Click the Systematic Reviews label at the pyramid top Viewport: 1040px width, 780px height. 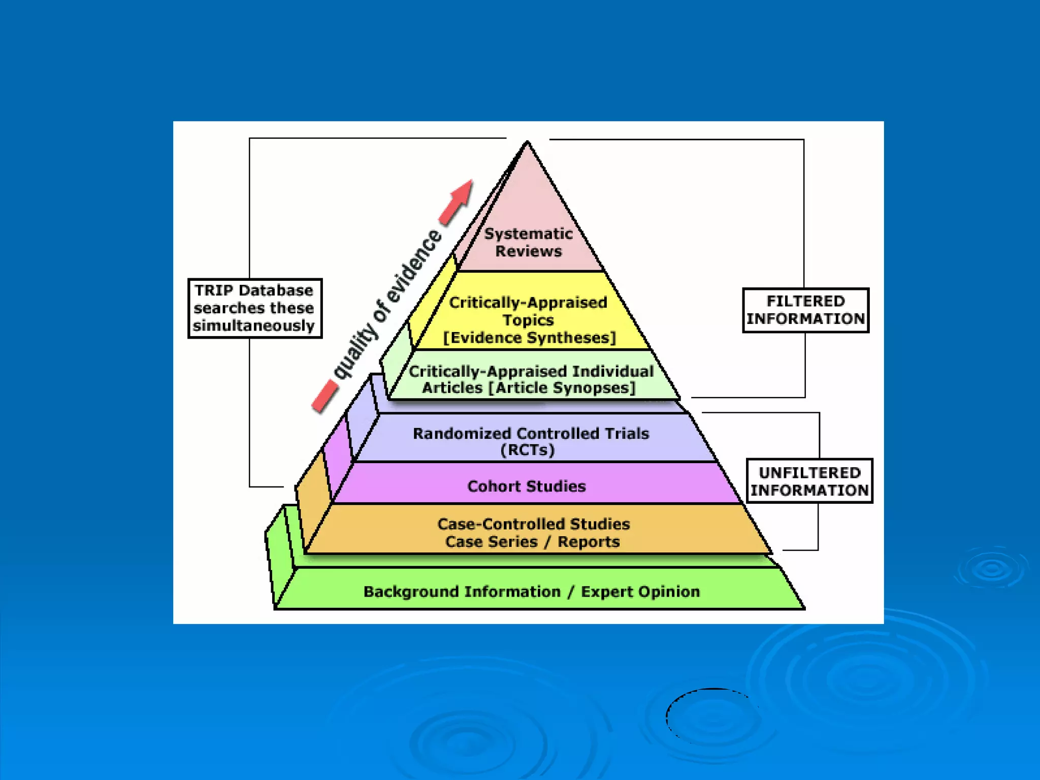(528, 242)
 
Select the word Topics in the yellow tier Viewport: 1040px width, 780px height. (528, 320)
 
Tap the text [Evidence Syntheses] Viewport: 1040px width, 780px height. (529, 338)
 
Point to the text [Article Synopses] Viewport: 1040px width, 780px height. (562, 388)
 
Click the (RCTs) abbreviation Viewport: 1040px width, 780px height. (528, 450)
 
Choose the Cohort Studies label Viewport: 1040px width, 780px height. (527, 486)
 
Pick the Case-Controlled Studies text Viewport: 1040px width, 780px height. (534, 524)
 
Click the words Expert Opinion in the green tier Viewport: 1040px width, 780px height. (640, 592)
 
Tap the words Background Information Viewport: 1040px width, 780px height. (462, 592)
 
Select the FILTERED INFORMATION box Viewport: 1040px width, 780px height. (805, 310)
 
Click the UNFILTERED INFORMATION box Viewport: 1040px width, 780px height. (809, 481)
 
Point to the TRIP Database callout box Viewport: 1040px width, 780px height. (255, 308)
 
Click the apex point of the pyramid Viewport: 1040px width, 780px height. (527, 142)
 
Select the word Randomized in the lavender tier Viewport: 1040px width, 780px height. (462, 434)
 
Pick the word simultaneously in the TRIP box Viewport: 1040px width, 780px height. (254, 326)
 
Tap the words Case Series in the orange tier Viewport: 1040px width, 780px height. (491, 542)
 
